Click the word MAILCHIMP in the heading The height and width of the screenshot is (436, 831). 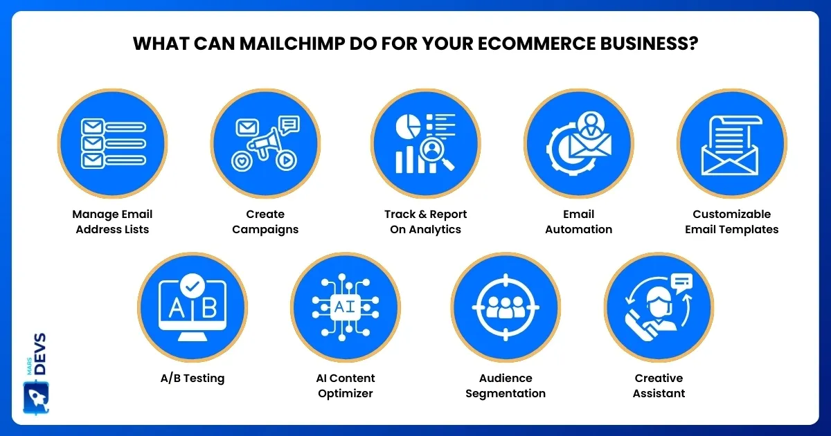[292, 44]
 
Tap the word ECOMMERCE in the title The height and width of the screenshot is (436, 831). [537, 44]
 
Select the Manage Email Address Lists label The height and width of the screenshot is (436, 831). [112, 221]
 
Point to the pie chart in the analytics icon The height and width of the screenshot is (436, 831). [408, 126]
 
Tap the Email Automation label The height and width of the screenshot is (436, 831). [578, 221]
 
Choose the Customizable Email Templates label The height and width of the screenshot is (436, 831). [731, 221]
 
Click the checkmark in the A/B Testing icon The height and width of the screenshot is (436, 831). [193, 286]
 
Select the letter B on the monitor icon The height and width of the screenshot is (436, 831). [209, 308]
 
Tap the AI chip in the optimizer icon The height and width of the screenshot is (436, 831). [346, 307]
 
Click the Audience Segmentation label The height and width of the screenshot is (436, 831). [506, 385]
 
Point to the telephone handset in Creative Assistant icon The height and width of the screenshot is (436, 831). [638, 325]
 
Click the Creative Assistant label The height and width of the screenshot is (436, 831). [659, 385]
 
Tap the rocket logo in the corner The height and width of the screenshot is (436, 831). [36, 398]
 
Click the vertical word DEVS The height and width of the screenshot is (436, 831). [40, 354]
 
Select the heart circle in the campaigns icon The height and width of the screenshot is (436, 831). [242, 161]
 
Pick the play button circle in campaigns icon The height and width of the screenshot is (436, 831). [286, 161]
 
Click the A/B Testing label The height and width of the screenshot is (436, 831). [193, 378]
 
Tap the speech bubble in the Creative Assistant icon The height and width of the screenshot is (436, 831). [682, 283]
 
